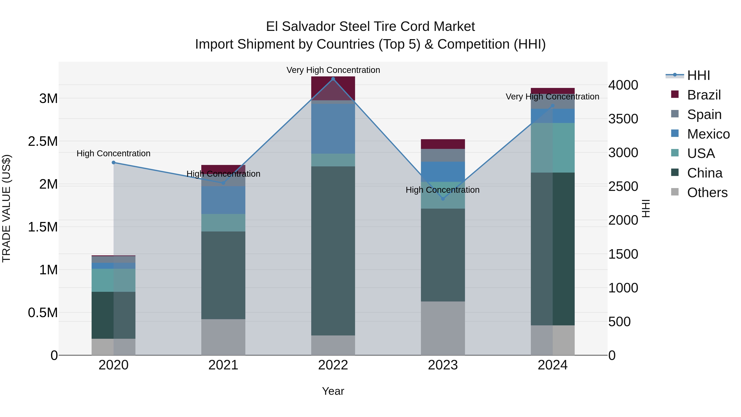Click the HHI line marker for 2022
(333, 79)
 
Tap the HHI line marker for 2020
(114, 163)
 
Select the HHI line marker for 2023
(443, 199)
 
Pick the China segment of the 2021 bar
(223, 275)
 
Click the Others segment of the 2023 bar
(443, 328)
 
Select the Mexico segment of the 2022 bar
(333, 129)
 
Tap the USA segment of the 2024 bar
(553, 148)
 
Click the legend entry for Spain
(704, 114)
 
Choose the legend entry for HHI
(698, 75)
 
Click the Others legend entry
(707, 193)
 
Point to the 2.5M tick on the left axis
(43, 141)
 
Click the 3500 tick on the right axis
(623, 119)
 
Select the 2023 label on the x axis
(443, 365)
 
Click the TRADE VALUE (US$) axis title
(6, 208)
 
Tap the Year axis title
(333, 391)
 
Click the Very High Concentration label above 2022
(333, 70)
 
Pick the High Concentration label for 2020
(114, 153)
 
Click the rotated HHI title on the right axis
(646, 208)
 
